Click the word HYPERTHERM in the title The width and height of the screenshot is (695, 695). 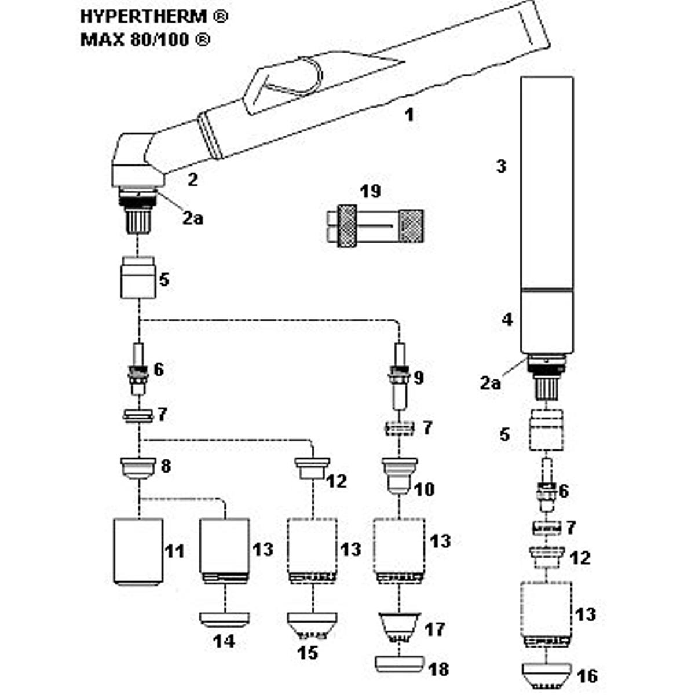144,17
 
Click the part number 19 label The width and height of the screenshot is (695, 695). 370,191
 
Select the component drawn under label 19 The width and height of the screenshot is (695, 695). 375,226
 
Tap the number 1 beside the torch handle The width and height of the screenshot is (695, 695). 409,115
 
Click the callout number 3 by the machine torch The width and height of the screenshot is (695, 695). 501,166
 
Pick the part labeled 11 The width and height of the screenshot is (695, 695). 138,552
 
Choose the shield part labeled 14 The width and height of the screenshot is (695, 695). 225,620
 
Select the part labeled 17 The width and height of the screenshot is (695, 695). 399,628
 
